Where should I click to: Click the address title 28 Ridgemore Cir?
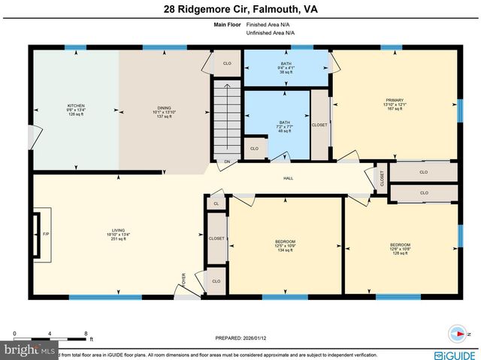[x=240, y=10]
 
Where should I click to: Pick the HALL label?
[x=288, y=178]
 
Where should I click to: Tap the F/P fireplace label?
[x=46, y=234]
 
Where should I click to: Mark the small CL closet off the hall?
[x=216, y=203]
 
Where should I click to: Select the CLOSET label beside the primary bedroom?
[x=319, y=125]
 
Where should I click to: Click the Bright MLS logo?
[x=29, y=351]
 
